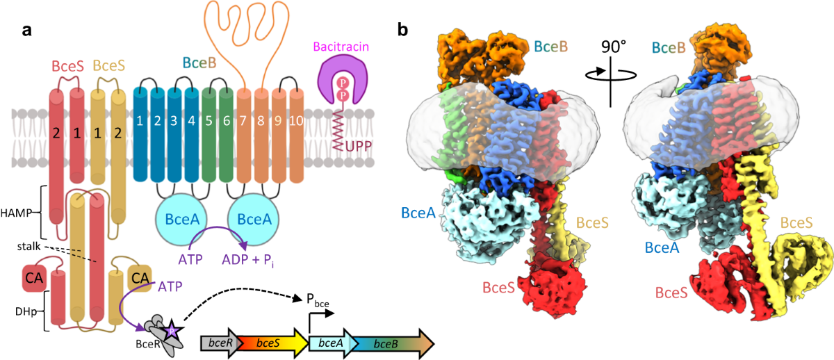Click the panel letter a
(x=26, y=31)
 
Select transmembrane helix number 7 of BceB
(x=243, y=122)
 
